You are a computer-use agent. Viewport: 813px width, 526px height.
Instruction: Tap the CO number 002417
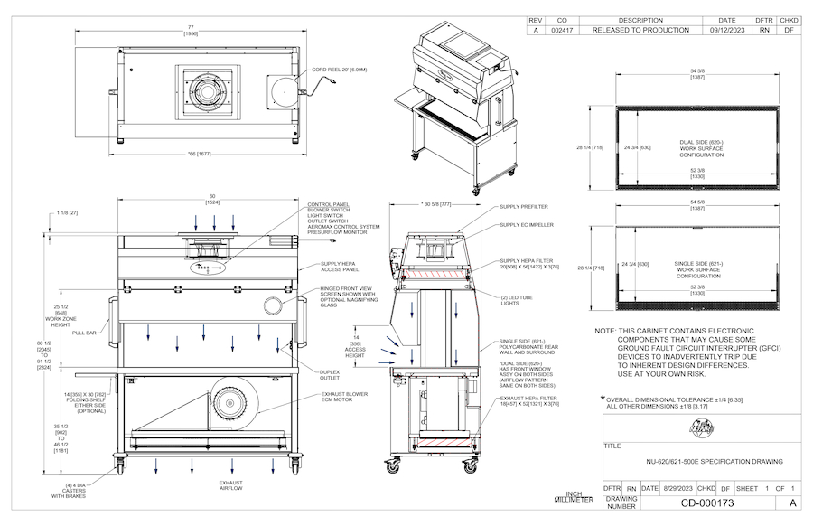tap(562, 30)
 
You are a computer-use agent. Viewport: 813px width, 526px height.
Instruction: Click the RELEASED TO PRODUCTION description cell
tap(640, 30)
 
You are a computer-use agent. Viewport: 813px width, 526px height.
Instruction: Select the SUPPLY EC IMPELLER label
tap(527, 224)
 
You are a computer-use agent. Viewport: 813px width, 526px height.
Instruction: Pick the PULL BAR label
tap(84, 333)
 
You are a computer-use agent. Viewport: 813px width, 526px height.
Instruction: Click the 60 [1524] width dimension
tap(212, 199)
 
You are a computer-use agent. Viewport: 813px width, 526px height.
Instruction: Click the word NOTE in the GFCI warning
tap(604, 332)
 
